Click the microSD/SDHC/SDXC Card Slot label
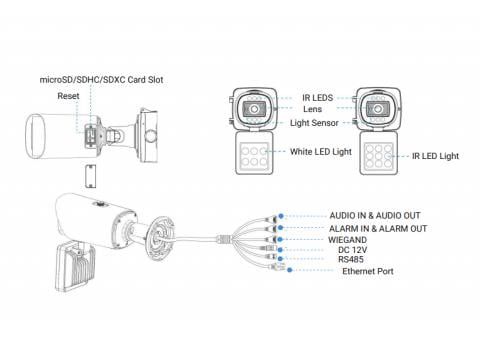click(101, 80)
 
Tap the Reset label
click(68, 96)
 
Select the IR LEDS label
click(317, 98)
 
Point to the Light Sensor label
click(314, 123)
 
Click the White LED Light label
click(321, 152)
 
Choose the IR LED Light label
click(435, 156)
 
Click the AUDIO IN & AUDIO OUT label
click(375, 216)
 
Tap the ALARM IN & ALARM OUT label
click(378, 229)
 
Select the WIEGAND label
click(347, 240)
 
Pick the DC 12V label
click(352, 250)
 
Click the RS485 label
click(351, 259)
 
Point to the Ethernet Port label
click(368, 271)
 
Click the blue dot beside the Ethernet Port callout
click(290, 270)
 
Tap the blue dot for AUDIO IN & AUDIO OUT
click(281, 216)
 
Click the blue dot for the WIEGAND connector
click(280, 239)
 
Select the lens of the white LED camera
click(254, 109)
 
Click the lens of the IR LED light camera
click(378, 109)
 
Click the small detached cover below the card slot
click(90, 176)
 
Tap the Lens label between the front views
click(312, 109)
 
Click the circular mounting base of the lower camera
click(160, 238)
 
